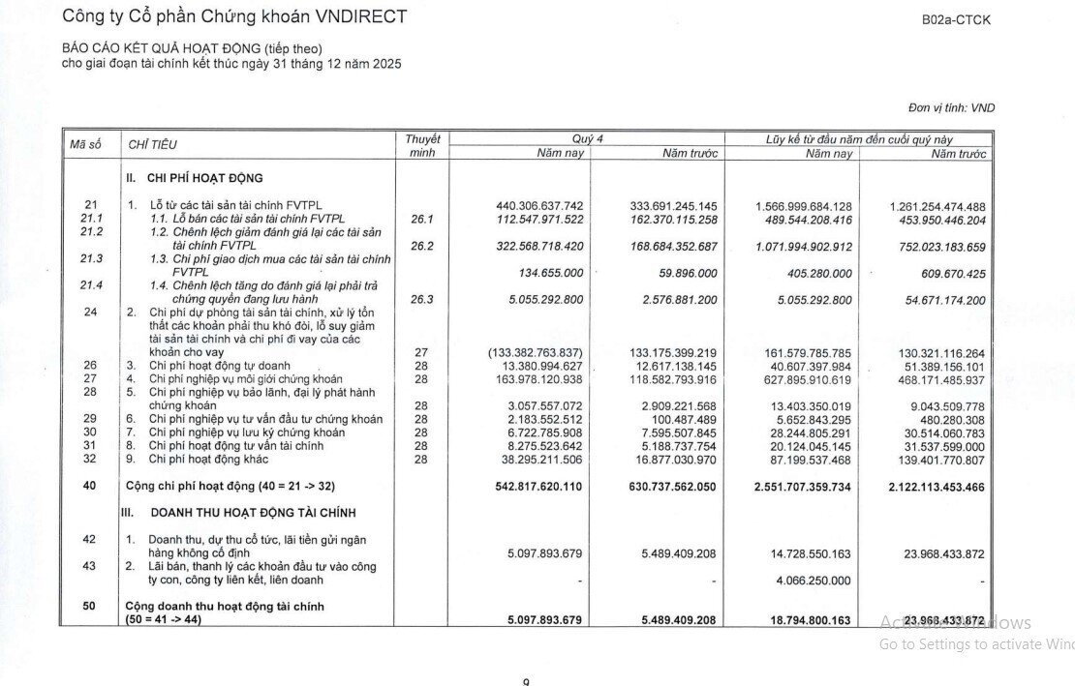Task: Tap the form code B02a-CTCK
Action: [956, 19]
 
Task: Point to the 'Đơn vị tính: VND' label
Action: [951, 108]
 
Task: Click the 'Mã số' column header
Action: [85, 144]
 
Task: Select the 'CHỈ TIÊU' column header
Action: [152, 145]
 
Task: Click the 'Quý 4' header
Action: [587, 139]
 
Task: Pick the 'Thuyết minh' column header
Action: [422, 146]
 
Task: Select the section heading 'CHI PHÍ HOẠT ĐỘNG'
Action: [204, 179]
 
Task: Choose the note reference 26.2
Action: [421, 246]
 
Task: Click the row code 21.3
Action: [91, 258]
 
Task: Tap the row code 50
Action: [89, 606]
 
